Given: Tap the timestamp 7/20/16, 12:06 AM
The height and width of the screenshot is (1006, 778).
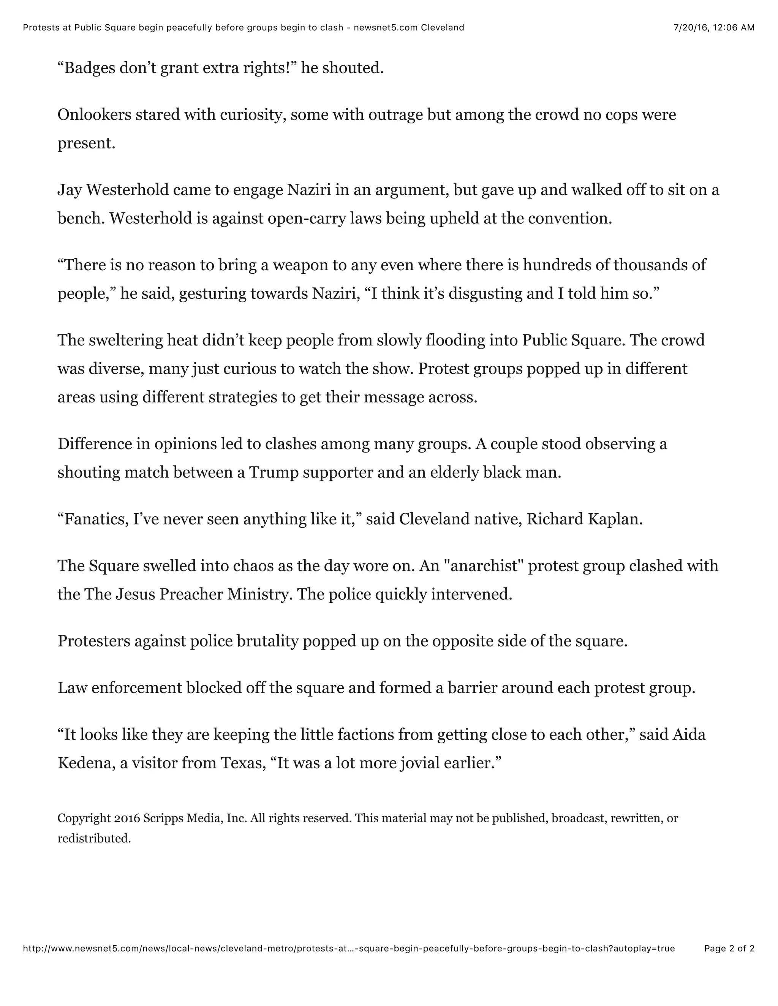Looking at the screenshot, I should coord(714,28).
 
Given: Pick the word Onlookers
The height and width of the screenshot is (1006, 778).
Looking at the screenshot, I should coord(95,115).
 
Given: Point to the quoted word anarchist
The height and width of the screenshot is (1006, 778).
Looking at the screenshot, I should coord(480,566).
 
